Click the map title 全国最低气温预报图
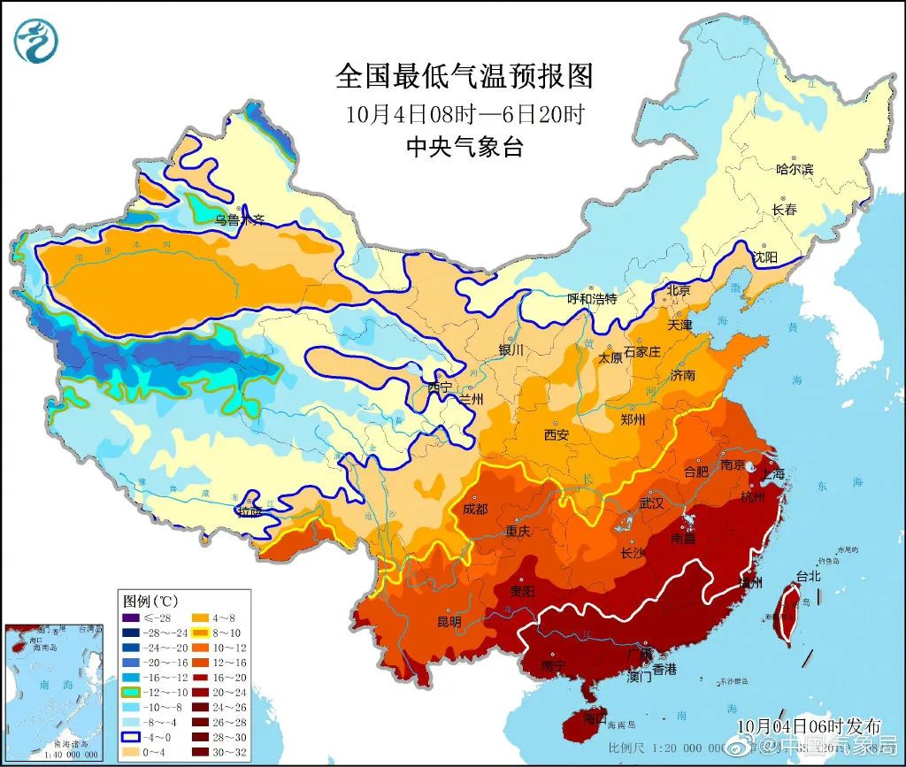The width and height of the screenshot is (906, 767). click(464, 76)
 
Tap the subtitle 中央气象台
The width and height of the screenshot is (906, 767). click(464, 147)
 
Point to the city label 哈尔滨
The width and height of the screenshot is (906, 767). click(794, 169)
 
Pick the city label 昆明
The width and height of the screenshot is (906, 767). click(449, 622)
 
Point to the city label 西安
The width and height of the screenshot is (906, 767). click(557, 434)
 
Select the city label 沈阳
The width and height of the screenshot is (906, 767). click(764, 257)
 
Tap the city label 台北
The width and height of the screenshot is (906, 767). click(809, 576)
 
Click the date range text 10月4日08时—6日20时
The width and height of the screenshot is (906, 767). click(464, 113)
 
